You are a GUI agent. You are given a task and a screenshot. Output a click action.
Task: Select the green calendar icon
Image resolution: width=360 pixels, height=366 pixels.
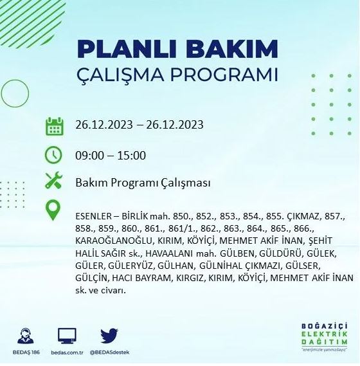[x=54, y=125]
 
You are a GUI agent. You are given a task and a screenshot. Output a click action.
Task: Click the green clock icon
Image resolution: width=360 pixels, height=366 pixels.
[x=54, y=155]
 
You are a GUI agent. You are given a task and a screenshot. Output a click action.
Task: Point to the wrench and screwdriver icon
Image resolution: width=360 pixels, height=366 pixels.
[x=54, y=183]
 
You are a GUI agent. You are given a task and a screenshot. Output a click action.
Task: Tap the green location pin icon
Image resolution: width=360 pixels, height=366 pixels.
[x=54, y=211]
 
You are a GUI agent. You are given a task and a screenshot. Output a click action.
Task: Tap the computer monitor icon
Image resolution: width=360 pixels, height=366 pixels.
[x=66, y=336]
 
